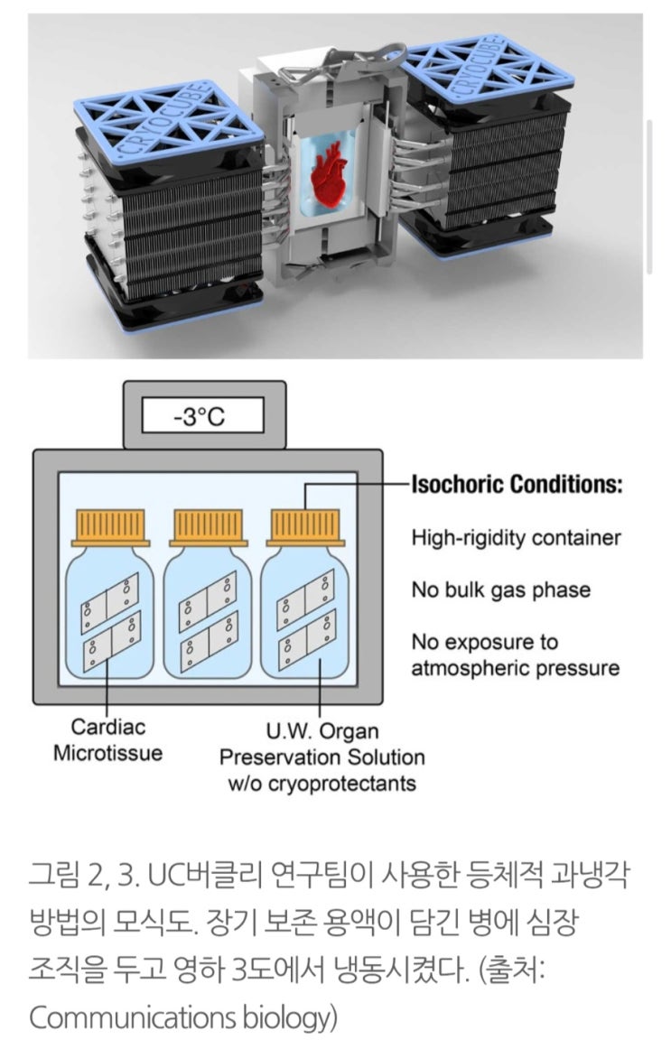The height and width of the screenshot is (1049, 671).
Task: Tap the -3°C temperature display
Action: pyautogui.click(x=205, y=418)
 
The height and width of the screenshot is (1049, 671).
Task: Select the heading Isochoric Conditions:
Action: pyautogui.click(x=517, y=485)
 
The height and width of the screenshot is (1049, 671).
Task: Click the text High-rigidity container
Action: pyautogui.click(x=517, y=538)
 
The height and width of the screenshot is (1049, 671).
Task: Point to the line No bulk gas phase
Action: pyautogui.click(x=501, y=590)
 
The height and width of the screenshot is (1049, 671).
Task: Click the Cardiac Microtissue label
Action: pyautogui.click(x=108, y=739)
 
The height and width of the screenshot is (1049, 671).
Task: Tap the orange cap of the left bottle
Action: pyautogui.click(x=108, y=524)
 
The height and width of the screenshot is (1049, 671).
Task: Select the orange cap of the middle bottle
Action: pyautogui.click(x=207, y=524)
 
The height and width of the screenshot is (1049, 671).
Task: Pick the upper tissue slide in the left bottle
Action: pyautogui.click(x=108, y=597)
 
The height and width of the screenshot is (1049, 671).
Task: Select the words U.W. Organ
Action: pyautogui.click(x=323, y=729)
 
